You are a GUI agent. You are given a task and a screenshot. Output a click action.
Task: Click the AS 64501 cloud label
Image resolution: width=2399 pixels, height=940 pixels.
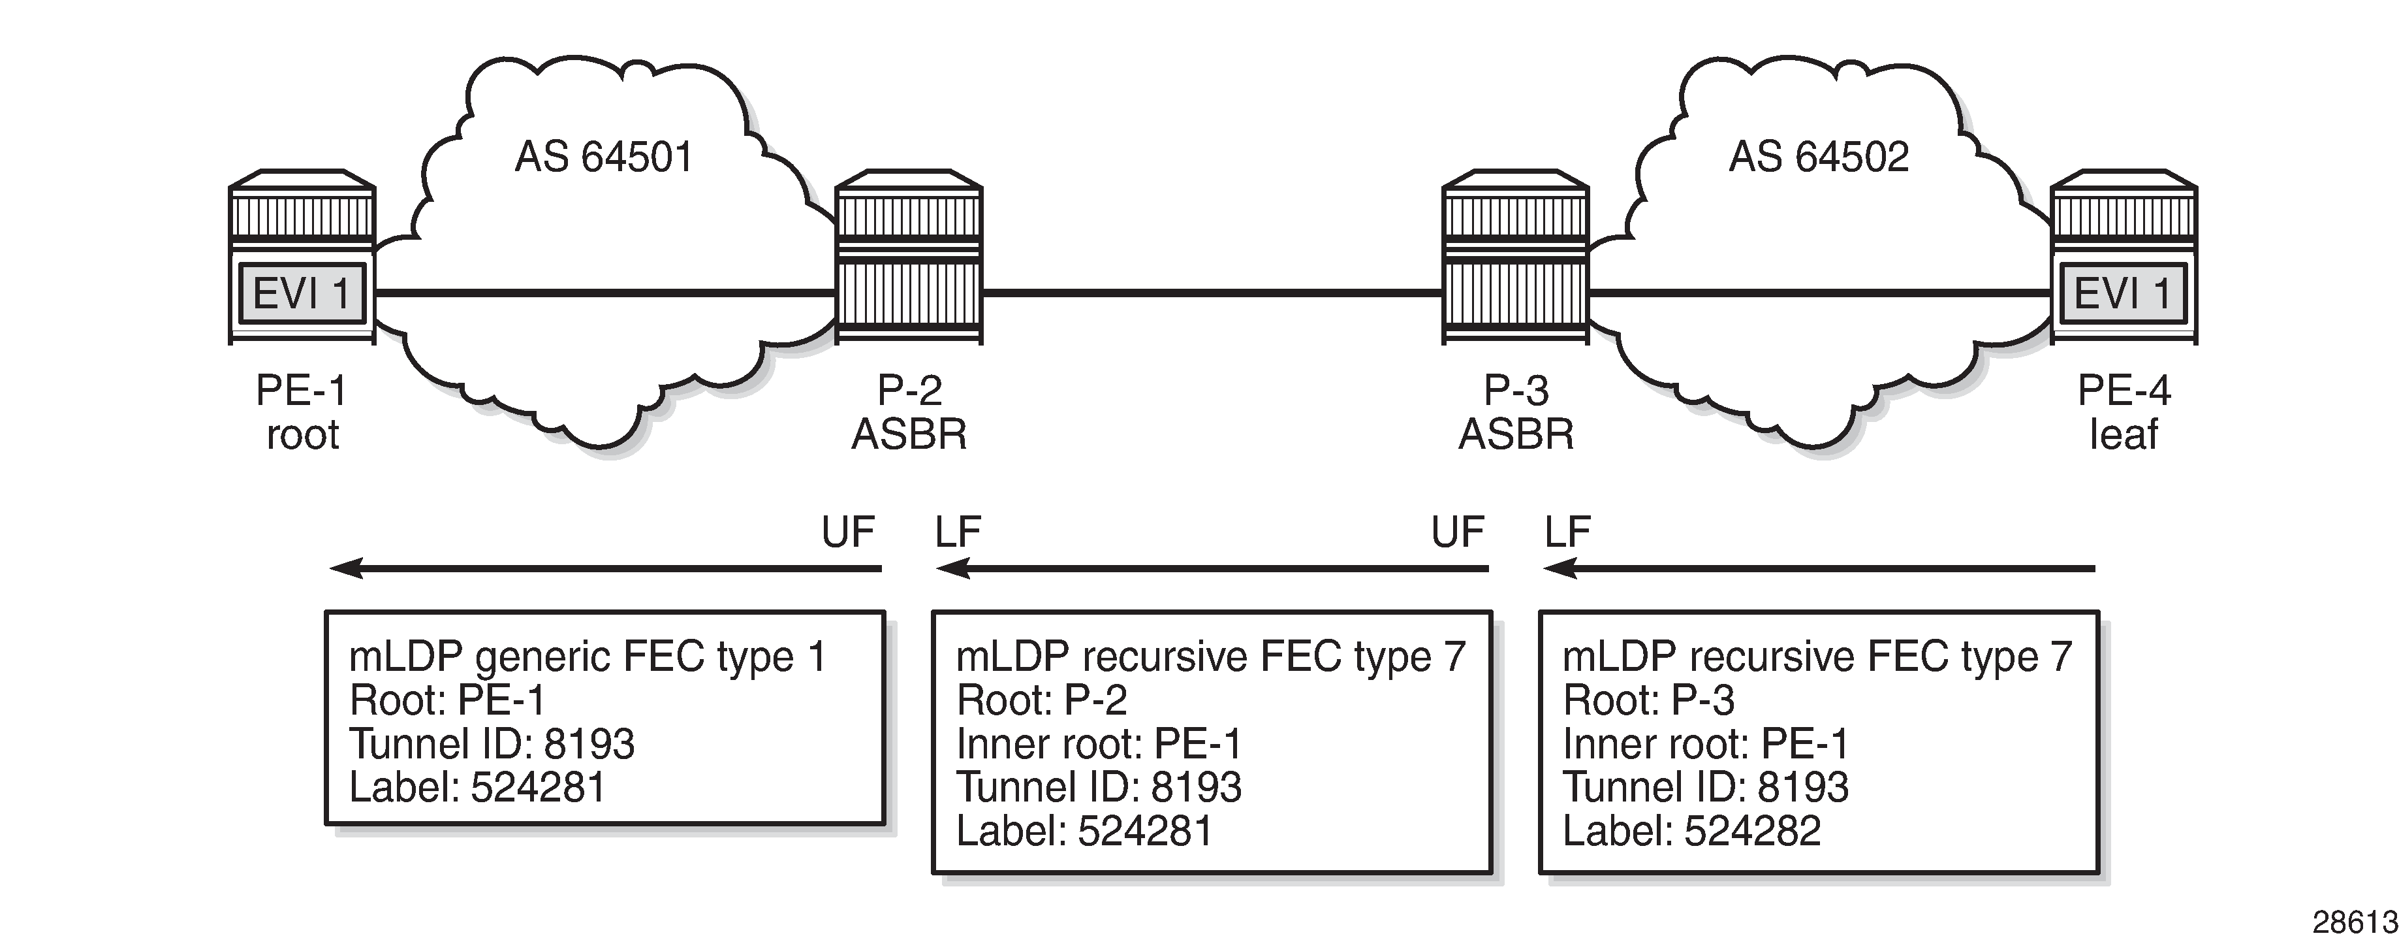point(603,157)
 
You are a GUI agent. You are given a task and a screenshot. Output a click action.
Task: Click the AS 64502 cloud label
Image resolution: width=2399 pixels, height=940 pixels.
point(1818,157)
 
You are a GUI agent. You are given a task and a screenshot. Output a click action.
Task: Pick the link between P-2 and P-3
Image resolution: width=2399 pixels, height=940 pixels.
point(1211,293)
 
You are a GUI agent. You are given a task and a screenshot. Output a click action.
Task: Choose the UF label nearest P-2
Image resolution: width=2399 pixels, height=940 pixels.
point(847,532)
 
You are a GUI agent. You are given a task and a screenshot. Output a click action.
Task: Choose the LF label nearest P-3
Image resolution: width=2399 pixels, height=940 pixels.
point(1567,532)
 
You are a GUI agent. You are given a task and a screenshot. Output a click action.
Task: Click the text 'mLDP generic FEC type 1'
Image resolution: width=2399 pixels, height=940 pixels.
point(587,656)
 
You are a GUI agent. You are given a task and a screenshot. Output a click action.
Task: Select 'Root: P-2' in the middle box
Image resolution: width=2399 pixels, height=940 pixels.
point(1041,700)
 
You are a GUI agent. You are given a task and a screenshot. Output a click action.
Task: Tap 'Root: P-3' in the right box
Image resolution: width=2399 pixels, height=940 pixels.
point(1648,700)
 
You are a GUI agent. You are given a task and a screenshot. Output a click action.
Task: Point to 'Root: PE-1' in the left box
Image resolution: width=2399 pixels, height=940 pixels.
point(447,700)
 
